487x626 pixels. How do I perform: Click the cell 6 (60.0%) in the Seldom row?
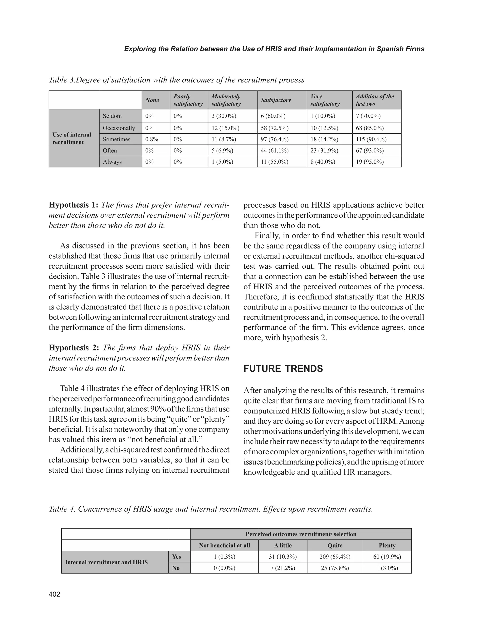(273, 116)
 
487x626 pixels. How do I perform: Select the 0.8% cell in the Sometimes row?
(152, 140)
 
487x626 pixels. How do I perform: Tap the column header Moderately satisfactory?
(226, 100)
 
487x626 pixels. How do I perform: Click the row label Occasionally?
(119, 128)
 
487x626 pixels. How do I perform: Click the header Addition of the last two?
(375, 100)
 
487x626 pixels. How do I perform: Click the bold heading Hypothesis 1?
(74, 205)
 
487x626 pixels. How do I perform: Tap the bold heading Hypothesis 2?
(74, 348)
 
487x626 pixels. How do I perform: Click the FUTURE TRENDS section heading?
(283, 369)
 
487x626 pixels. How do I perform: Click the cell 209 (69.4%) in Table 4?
(335, 557)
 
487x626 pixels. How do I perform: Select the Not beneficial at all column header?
(224, 545)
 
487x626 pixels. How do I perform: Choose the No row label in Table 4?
(176, 568)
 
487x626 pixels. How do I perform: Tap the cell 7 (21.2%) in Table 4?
(283, 568)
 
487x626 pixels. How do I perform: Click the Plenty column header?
(387, 545)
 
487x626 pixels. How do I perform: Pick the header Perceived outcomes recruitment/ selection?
(301, 534)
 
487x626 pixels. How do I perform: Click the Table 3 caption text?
(177, 80)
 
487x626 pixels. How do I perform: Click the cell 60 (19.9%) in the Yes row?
(387, 557)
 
